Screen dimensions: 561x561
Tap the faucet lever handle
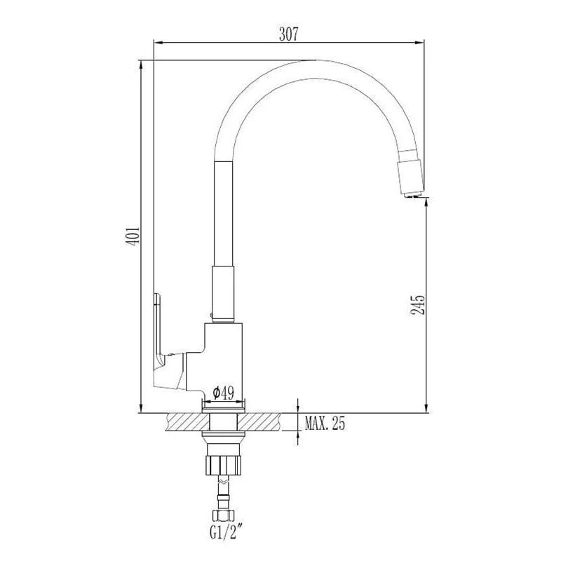tap(158, 330)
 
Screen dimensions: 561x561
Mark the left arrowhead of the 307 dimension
tap(158, 43)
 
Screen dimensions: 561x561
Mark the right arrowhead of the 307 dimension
tap(423, 43)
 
